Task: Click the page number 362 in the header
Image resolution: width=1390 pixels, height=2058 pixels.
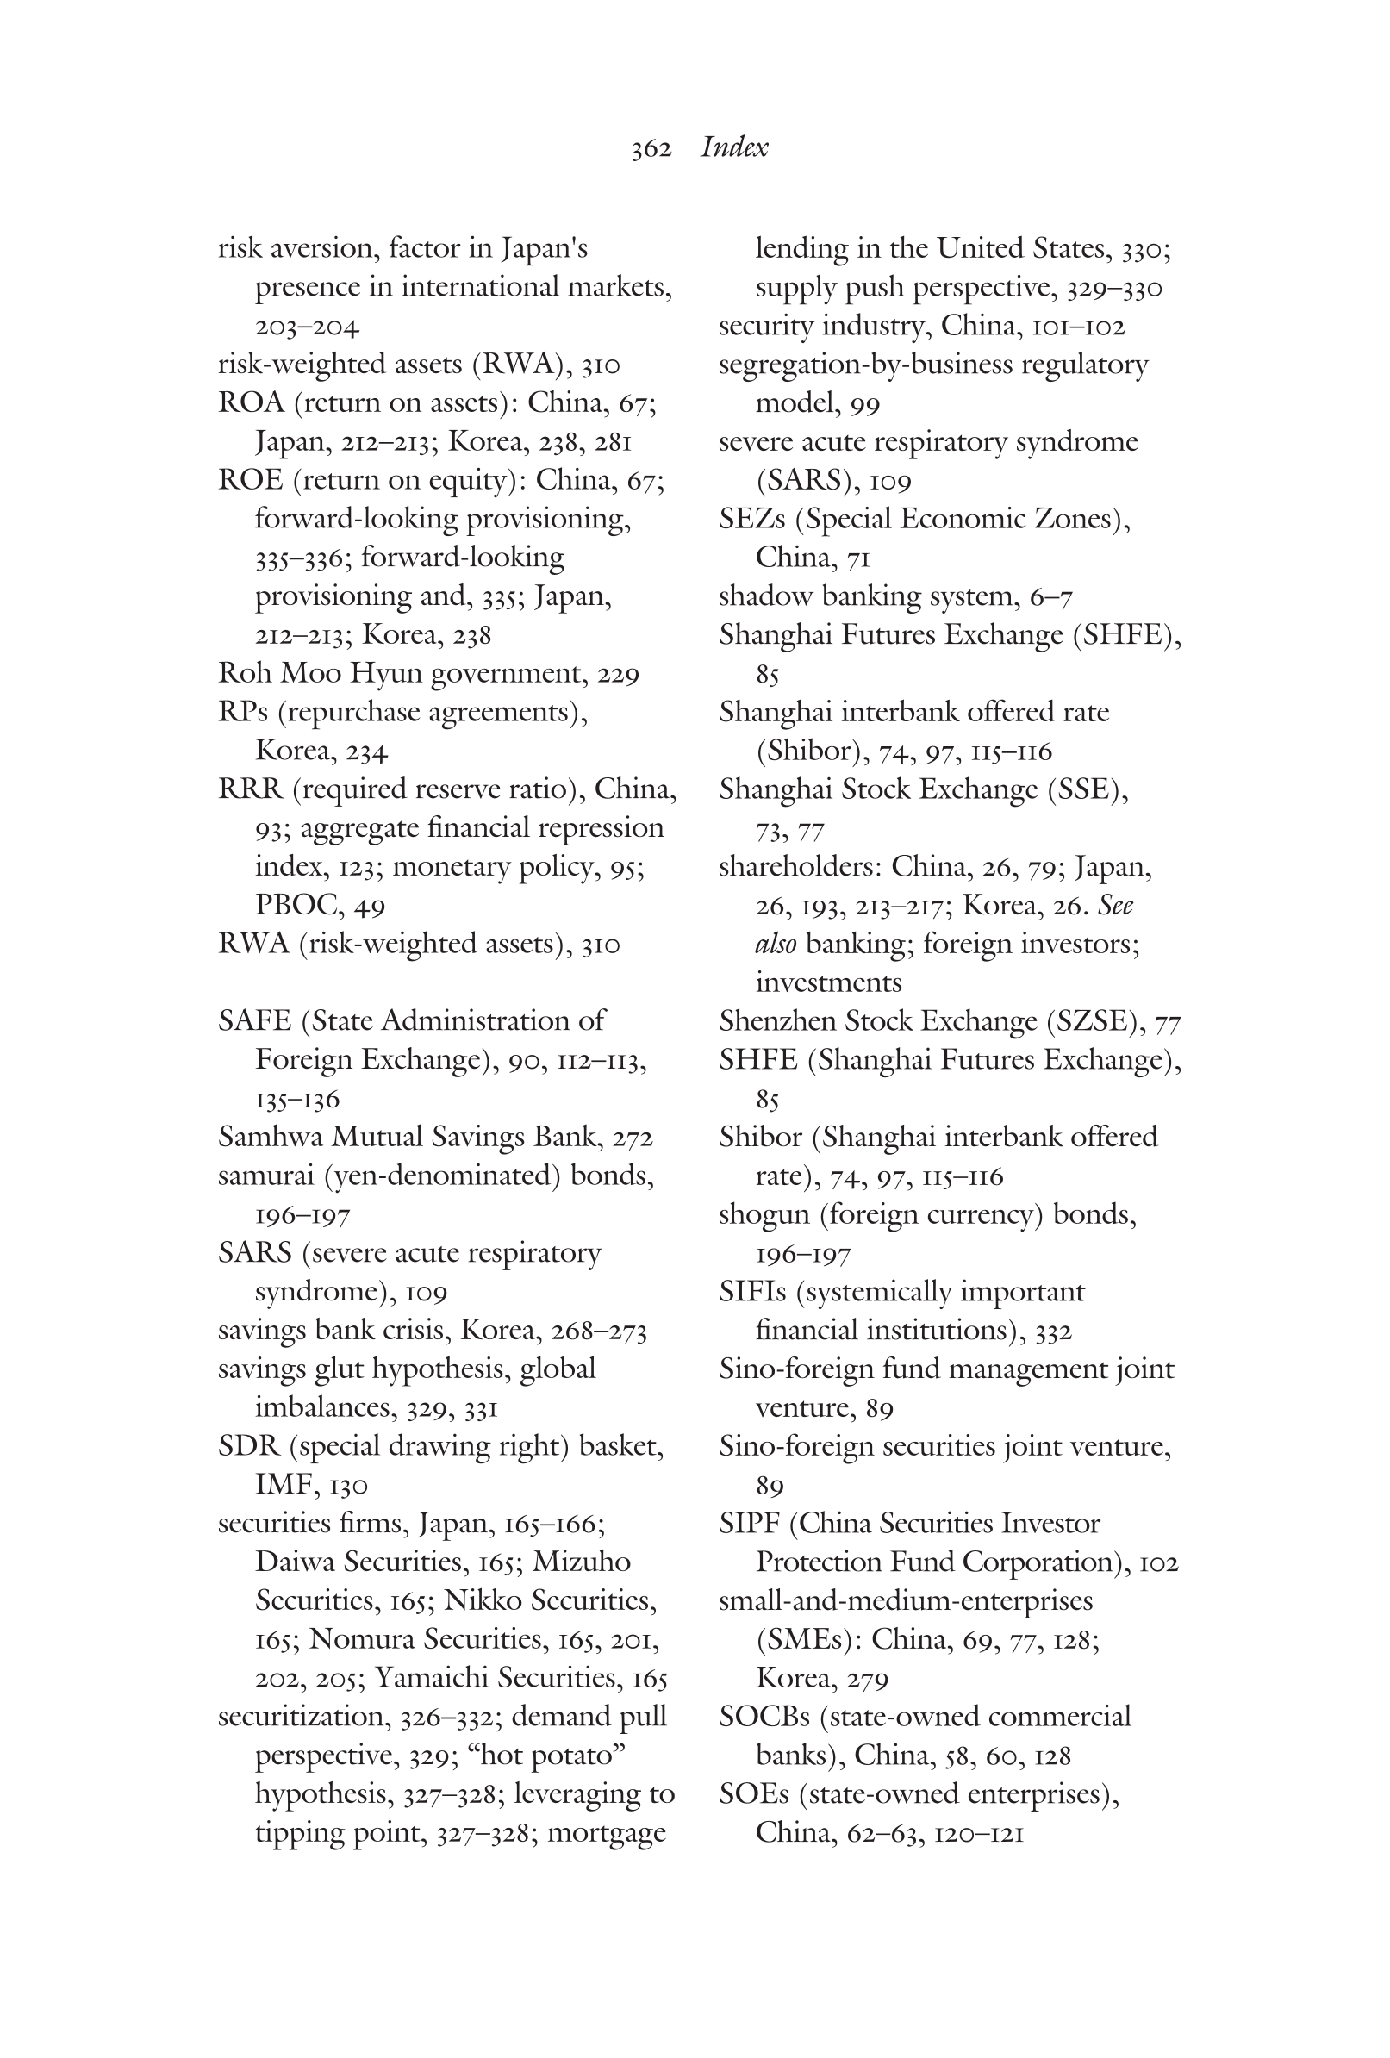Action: coord(651,149)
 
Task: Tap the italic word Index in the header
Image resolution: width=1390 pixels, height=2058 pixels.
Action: coord(734,147)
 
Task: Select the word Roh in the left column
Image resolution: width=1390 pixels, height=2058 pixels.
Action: coord(246,674)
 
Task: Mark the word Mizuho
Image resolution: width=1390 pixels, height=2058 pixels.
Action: coord(582,1562)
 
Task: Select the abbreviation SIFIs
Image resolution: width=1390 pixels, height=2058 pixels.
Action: coord(751,1292)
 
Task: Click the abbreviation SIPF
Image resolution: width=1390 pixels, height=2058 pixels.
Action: coord(749,1523)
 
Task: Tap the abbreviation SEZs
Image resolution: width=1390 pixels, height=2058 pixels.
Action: coord(751,519)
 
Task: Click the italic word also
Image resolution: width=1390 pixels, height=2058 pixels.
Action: coord(776,944)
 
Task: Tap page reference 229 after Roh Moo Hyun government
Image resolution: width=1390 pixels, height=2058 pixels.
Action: coord(618,675)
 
